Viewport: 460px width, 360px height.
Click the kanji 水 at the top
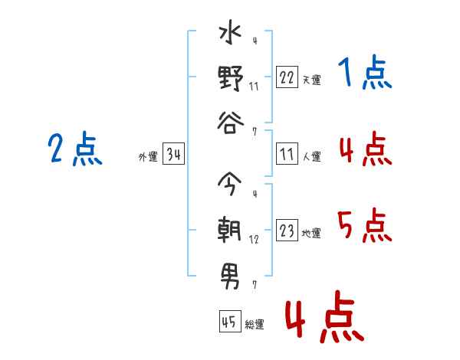point(230,32)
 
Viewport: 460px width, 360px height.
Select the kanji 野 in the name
point(231,78)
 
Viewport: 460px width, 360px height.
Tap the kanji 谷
point(231,123)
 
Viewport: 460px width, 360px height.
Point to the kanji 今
point(230,184)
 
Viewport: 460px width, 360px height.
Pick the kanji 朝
point(229,230)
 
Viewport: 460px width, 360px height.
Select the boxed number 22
point(287,77)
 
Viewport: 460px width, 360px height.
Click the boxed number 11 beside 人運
point(287,154)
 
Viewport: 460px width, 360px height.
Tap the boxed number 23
point(287,230)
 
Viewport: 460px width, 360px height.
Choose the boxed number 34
point(174,154)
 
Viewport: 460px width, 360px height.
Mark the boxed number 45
point(230,321)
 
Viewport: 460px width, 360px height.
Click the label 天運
point(312,80)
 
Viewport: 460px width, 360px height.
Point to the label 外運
point(148,156)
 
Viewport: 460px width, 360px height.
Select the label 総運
point(255,324)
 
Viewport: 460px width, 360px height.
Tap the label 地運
point(311,233)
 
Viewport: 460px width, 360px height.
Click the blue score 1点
point(365,73)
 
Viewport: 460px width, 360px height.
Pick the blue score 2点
point(75,149)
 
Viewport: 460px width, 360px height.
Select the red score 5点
point(365,225)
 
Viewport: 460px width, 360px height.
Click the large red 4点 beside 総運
point(325,316)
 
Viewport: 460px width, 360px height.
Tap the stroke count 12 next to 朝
point(254,240)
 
